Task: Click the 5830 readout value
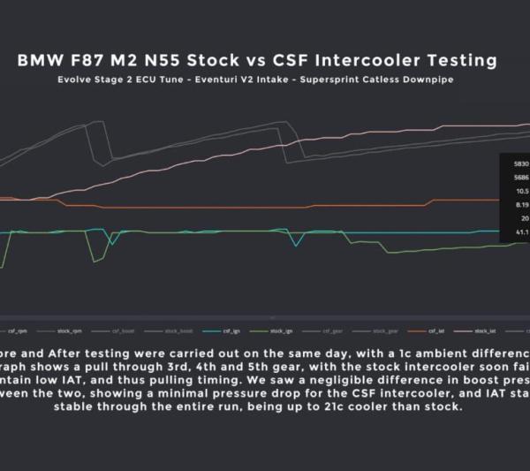[520, 163]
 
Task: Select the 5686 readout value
[520, 177]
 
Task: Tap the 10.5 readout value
[521, 190]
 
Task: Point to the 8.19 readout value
[521, 204]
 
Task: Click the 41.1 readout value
[521, 232]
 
